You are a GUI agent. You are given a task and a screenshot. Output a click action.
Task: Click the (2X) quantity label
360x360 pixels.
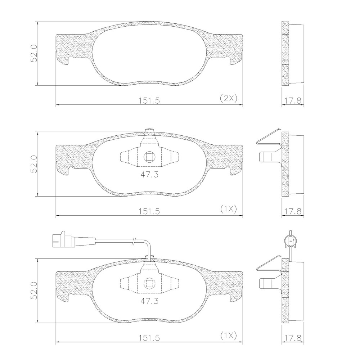[228, 99]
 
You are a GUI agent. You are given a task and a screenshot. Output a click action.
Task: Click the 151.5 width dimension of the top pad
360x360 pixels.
[149, 100]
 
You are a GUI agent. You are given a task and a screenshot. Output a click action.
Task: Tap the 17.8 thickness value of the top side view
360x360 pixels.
[293, 100]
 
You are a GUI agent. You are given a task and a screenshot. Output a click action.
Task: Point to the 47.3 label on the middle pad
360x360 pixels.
[149, 175]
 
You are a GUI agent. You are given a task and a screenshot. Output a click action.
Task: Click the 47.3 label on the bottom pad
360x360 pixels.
[149, 301]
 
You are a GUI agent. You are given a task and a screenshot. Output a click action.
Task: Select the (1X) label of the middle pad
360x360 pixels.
[228, 209]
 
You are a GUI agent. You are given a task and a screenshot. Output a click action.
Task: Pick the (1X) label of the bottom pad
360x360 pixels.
[228, 336]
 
